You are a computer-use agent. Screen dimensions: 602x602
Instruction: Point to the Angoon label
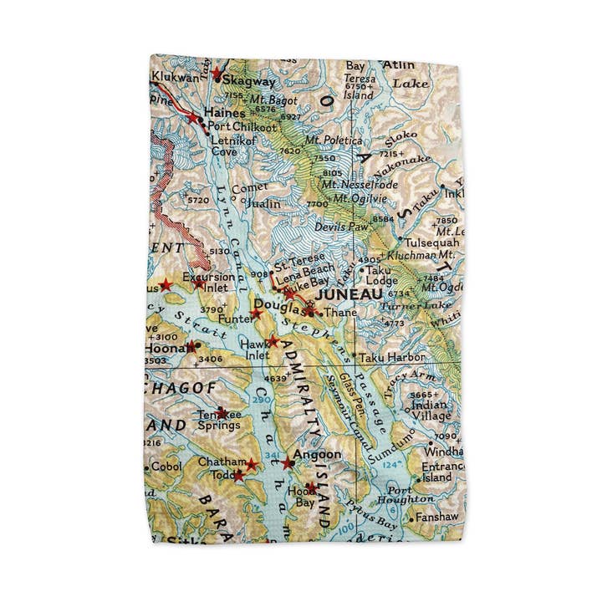coord(319,454)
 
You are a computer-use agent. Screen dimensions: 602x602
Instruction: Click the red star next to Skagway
coord(217,74)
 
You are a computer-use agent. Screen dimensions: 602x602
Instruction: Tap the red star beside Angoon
coord(288,462)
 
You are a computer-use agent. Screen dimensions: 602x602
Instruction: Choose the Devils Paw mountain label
coord(341,227)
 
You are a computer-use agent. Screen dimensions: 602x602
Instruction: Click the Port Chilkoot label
coord(242,127)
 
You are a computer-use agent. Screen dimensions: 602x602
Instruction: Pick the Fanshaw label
coord(438,518)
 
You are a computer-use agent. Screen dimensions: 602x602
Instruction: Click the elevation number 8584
coord(382,218)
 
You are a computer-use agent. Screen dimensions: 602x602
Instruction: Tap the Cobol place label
coord(166,467)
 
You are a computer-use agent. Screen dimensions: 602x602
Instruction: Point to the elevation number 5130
coord(219,251)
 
